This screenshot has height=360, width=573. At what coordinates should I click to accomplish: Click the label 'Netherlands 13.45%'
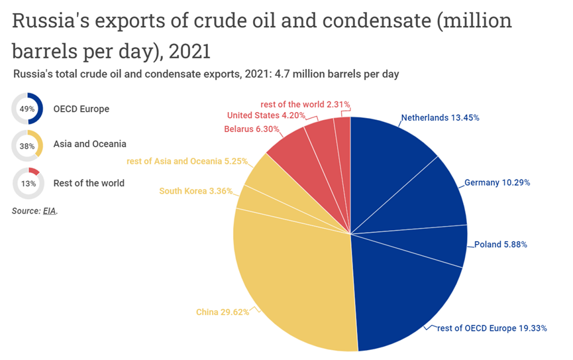click(x=440, y=118)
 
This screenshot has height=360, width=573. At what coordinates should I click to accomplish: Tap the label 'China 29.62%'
click(x=223, y=312)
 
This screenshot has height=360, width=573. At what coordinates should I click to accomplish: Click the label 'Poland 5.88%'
click(x=500, y=244)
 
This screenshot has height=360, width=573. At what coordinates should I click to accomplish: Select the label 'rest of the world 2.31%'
click(x=305, y=104)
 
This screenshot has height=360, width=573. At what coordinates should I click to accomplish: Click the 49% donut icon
click(x=28, y=109)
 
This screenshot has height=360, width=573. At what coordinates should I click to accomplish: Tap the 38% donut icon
click(x=28, y=146)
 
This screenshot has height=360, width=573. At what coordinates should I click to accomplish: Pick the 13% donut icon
click(x=28, y=183)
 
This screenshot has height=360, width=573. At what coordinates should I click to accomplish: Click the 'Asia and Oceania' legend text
click(x=89, y=144)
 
